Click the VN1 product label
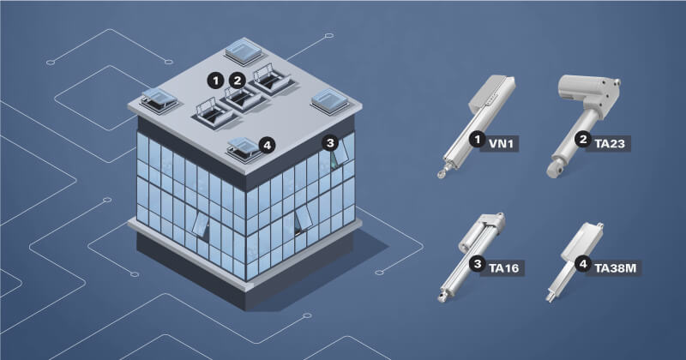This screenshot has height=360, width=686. [x=500, y=143]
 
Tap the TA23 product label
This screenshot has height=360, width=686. [x=609, y=143]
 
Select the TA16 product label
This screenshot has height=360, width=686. [x=503, y=267]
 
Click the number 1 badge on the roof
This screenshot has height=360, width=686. [x=215, y=81]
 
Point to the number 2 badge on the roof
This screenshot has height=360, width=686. [x=238, y=81]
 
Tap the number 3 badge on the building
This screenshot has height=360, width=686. [x=330, y=142]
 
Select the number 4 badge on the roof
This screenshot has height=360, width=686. [x=267, y=145]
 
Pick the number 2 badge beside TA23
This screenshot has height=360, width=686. [x=583, y=140]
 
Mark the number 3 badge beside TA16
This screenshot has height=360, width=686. [x=478, y=264]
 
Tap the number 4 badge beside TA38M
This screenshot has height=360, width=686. [x=583, y=264]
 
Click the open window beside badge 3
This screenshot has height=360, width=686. [x=340, y=153]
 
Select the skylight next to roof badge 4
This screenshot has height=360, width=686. [x=244, y=150]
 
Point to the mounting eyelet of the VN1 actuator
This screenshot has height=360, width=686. [x=440, y=175]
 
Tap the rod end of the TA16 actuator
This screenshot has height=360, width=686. [x=441, y=298]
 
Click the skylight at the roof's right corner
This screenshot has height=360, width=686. [x=330, y=102]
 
